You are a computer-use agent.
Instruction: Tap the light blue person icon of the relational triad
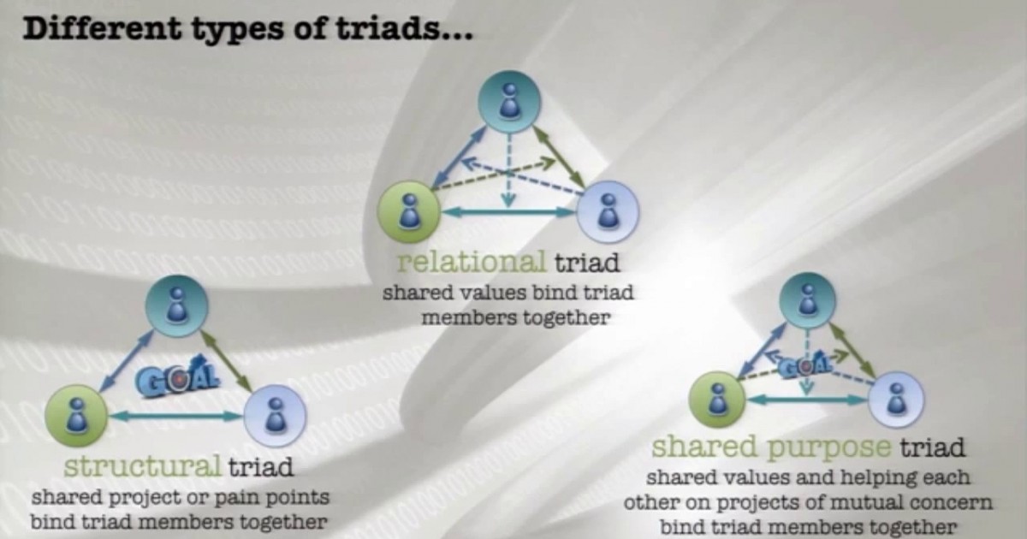tap(608, 210)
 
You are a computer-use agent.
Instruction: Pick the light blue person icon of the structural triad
tap(275, 415)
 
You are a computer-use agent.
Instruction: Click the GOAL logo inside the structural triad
tap(177, 377)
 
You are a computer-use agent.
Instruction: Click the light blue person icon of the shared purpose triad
tap(895, 398)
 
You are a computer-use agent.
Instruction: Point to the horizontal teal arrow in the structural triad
tap(175, 417)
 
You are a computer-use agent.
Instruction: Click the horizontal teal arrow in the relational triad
tap(508, 212)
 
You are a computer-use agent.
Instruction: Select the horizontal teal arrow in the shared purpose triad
tap(807, 400)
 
